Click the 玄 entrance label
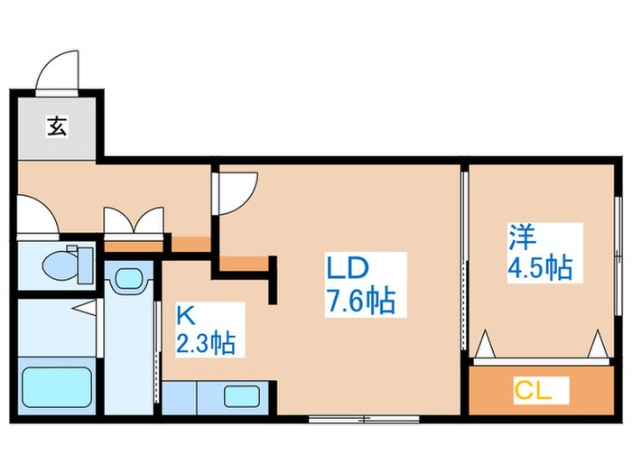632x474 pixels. [56, 127]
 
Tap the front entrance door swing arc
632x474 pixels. [60, 73]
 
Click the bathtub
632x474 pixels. [55, 389]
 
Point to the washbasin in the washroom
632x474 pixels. [130, 281]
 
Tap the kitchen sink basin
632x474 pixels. [241, 395]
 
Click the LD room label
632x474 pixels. [345, 269]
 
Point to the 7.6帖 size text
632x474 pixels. [360, 302]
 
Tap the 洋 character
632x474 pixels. [521, 238]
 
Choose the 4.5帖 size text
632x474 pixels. [540, 268]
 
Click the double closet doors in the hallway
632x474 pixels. [135, 221]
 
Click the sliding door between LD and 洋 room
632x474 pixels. [464, 262]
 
